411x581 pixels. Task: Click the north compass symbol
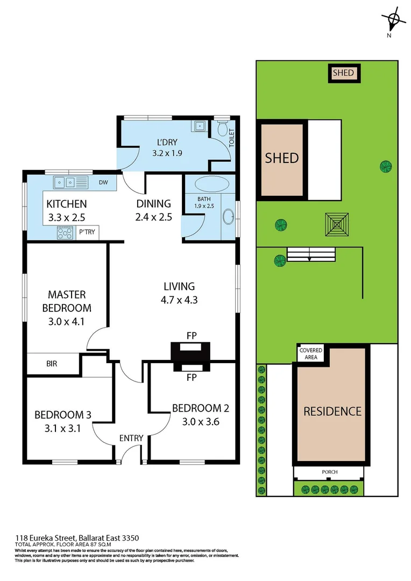coord(394,20)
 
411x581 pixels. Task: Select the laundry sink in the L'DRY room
coord(199,126)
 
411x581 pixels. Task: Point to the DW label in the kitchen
coord(103,182)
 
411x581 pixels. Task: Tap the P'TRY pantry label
coord(86,232)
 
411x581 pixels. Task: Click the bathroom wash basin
coord(228,216)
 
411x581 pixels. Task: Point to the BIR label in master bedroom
coord(52,364)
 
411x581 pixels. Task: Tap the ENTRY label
coord(131,438)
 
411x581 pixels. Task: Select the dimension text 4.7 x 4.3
coord(180,300)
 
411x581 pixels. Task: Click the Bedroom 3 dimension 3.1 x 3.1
coord(62,429)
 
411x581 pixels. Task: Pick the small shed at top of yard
coord(344,73)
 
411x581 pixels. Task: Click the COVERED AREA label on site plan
coord(311,353)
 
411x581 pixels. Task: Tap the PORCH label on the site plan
coord(330,472)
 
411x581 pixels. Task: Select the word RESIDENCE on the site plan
coord(332,412)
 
